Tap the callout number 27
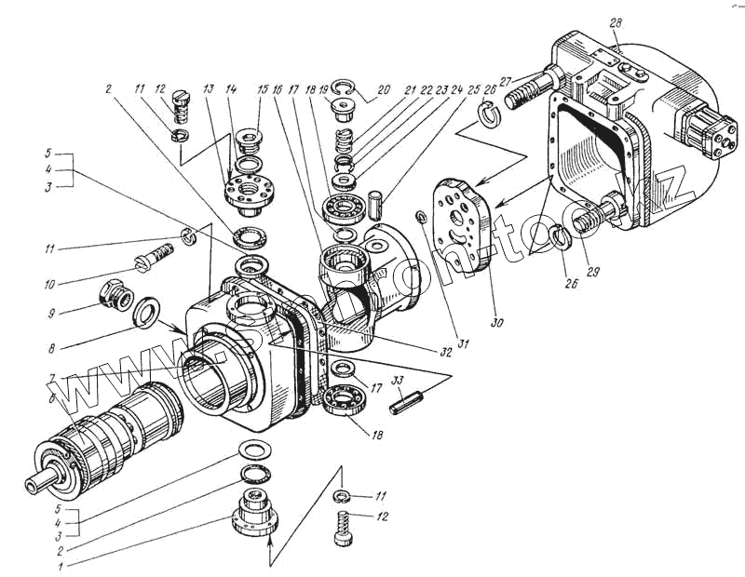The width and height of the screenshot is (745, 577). coord(506,82)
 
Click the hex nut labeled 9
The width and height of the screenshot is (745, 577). coord(115,295)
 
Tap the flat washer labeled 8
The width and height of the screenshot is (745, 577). coord(146,312)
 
